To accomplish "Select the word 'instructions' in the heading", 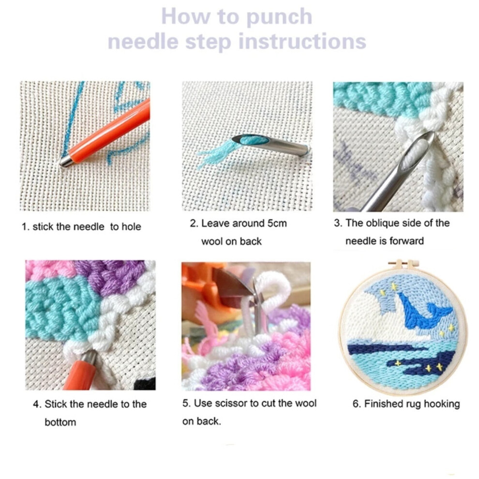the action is click(302, 41).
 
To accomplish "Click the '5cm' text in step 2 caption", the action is click(277, 224).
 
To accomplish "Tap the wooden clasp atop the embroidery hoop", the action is click(403, 265).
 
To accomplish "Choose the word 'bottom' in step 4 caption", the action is click(60, 422).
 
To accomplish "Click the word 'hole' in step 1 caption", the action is click(131, 226).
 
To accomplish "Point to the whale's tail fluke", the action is click(440, 310).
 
